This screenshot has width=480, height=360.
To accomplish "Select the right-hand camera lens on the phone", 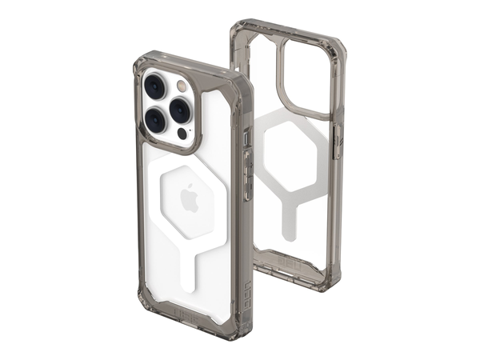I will coord(181,108).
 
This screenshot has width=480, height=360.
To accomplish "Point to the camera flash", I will coord(182,84).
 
